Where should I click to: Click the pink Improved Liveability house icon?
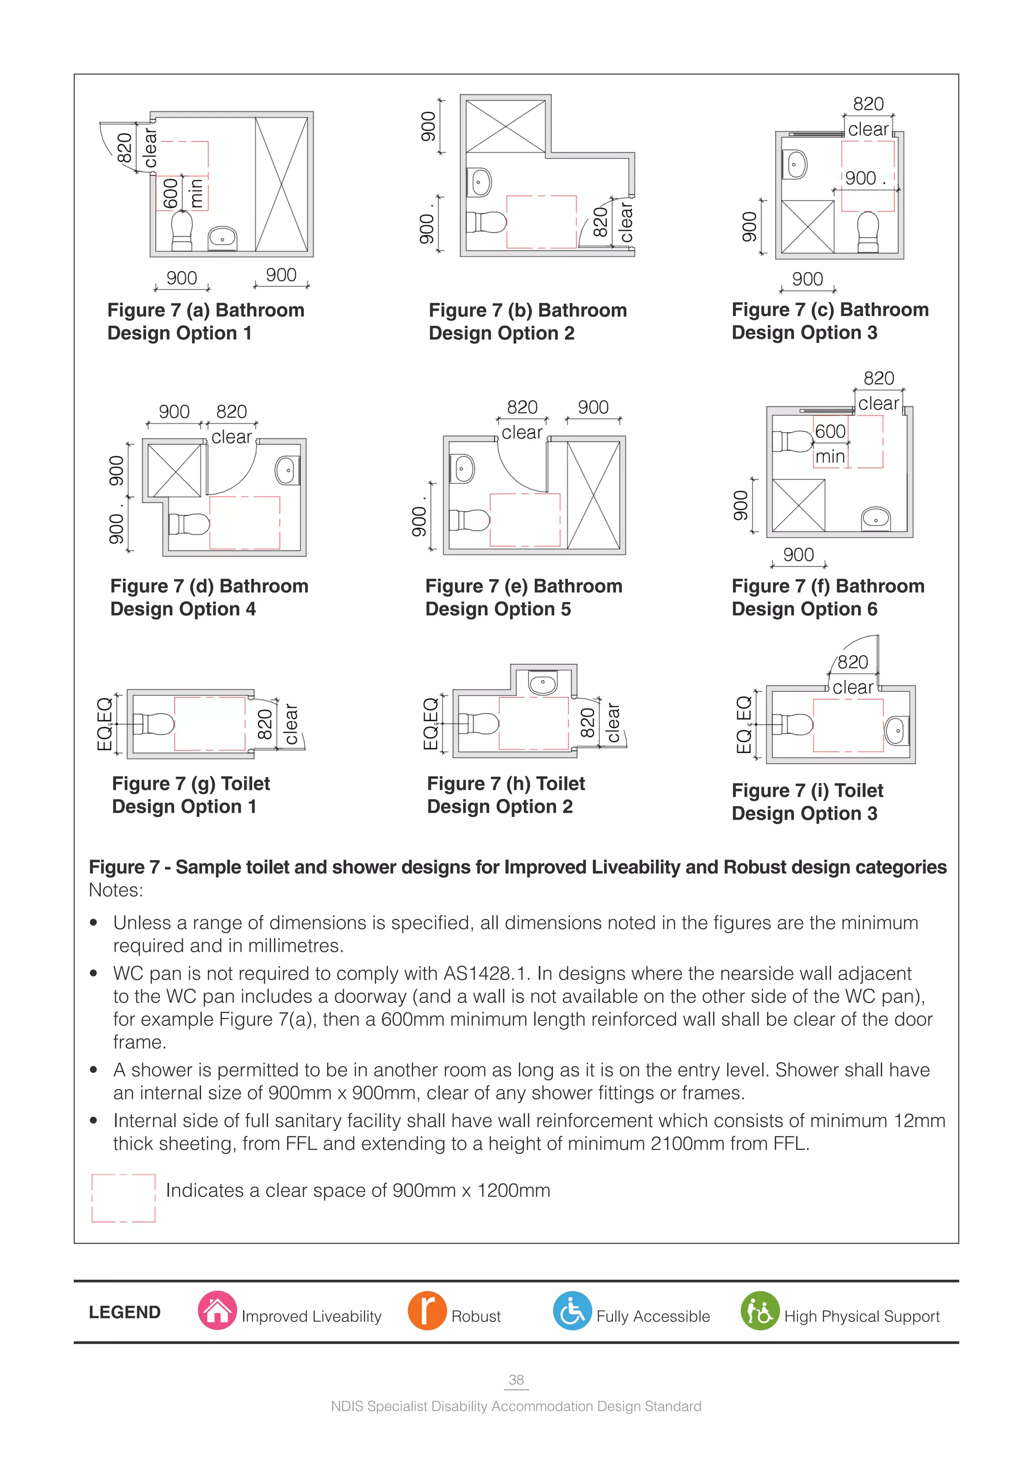point(217,1311)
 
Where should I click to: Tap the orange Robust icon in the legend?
point(427,1311)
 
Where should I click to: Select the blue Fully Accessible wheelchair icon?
point(572,1311)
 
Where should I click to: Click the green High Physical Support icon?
point(760,1311)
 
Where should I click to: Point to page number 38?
point(516,1379)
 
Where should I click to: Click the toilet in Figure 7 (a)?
point(182,231)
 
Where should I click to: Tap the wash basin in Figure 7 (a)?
point(222,238)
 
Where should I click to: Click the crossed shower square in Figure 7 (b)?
point(506,127)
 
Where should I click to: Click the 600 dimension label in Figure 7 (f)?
point(830,432)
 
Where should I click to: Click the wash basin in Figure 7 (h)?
point(543,683)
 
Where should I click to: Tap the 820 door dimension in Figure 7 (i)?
point(852,662)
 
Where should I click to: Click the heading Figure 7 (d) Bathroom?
point(209,586)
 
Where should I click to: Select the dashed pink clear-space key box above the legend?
point(124,1198)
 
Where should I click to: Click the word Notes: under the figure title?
point(116,890)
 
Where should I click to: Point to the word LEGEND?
point(125,1312)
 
